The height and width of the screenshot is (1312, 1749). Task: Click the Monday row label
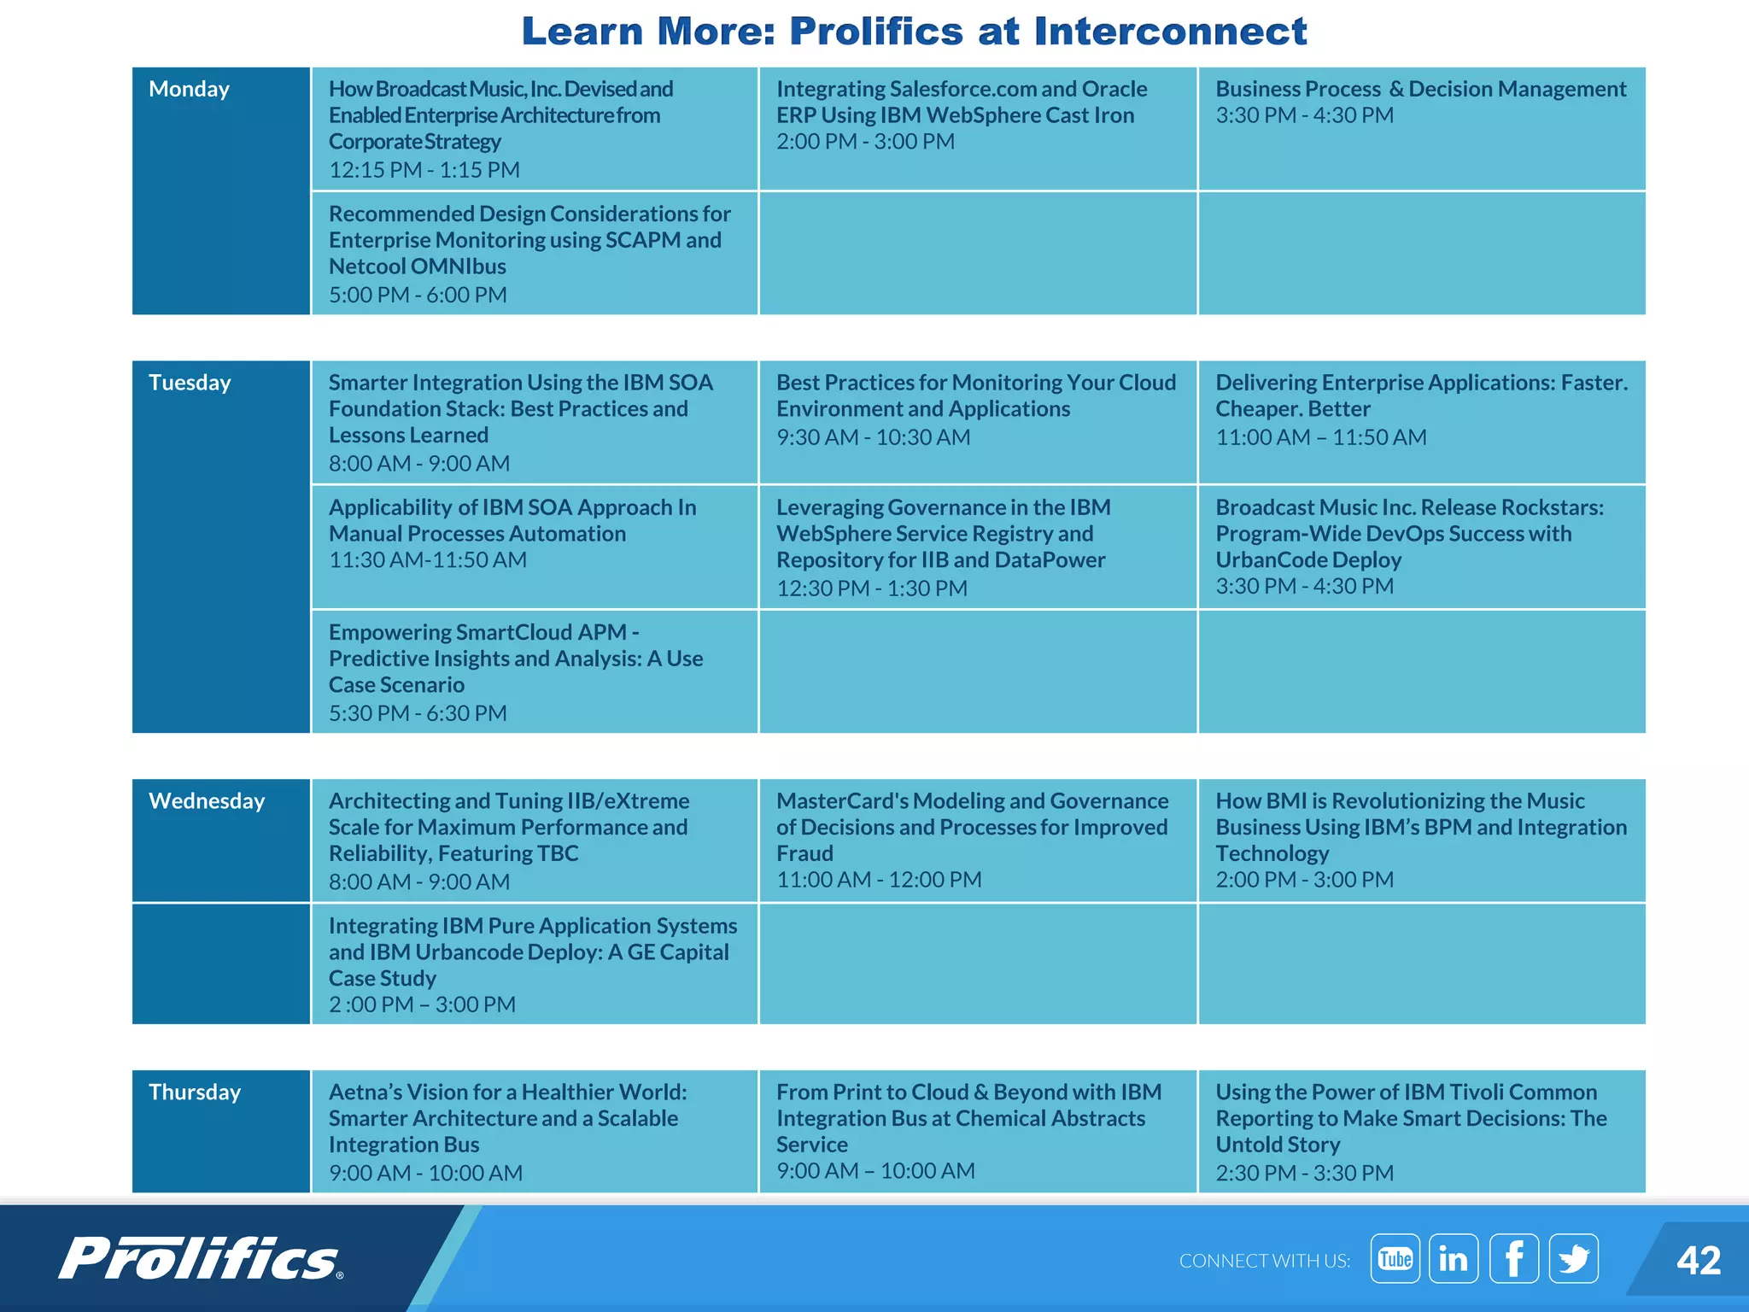(x=189, y=90)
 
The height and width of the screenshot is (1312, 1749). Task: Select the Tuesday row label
(x=190, y=383)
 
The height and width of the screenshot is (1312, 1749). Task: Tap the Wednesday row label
(x=207, y=801)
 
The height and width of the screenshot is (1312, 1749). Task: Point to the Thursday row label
(x=195, y=1092)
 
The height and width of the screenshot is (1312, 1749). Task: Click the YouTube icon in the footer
(x=1395, y=1259)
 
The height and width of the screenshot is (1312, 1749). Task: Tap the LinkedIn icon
(x=1454, y=1259)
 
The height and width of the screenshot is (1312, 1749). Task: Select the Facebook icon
(x=1514, y=1259)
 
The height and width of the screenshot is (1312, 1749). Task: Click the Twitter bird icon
(x=1573, y=1259)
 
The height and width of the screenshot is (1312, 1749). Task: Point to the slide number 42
(x=1698, y=1261)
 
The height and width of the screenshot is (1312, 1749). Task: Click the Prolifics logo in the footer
(x=201, y=1259)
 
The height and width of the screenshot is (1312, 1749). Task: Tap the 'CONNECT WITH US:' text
(x=1264, y=1261)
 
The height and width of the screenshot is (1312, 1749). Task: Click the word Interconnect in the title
(x=1170, y=32)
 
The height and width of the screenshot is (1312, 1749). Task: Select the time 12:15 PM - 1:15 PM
(x=424, y=170)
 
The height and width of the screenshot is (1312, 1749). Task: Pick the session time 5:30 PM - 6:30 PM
(x=418, y=713)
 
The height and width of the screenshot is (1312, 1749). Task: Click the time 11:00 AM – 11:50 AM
(x=1321, y=437)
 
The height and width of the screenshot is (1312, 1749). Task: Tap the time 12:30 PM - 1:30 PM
(x=872, y=589)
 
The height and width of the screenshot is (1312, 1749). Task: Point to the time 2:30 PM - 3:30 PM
(x=1304, y=1173)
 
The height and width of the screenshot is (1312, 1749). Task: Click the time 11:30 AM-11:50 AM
(x=428, y=560)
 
